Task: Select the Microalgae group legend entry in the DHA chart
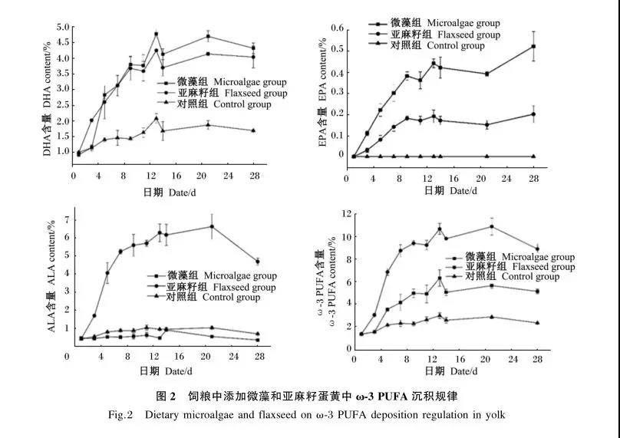tap(223, 82)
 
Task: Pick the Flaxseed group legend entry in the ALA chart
tap(211, 287)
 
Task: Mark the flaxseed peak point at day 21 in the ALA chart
tap(212, 226)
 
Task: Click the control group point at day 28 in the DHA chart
tap(252, 130)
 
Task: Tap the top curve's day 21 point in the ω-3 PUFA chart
tap(491, 226)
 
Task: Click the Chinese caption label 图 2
tap(167, 397)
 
